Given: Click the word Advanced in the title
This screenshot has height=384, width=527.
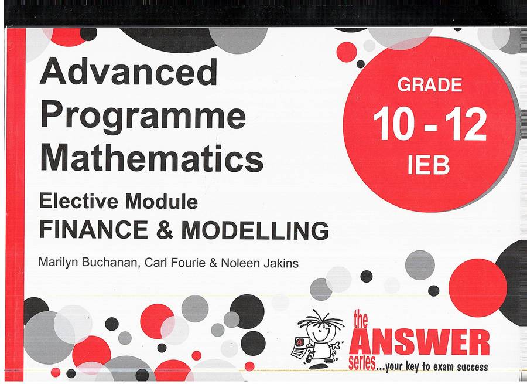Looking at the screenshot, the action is click(129, 72).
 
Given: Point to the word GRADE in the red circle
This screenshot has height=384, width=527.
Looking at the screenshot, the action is click(430, 85).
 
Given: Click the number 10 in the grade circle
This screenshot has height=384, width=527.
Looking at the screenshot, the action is click(394, 124).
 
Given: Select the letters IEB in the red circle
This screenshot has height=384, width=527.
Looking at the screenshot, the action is click(429, 165).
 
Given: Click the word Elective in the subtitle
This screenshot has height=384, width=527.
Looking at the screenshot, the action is click(78, 201).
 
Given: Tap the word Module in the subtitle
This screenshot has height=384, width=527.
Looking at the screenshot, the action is click(162, 202).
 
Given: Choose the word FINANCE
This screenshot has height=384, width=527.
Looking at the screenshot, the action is click(94, 230).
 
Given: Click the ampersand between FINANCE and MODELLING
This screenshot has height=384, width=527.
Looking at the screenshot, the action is click(165, 230).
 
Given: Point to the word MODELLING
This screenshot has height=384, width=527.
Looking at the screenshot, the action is click(255, 230).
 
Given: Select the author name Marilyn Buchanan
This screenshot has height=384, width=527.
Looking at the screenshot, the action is click(88, 263).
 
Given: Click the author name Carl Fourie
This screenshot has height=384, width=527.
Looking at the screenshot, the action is click(174, 263).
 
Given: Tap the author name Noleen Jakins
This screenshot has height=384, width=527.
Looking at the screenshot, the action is click(259, 263).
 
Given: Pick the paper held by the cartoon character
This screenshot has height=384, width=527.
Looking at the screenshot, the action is click(300, 348).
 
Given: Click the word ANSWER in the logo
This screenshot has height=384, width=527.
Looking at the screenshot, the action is click(419, 342).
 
